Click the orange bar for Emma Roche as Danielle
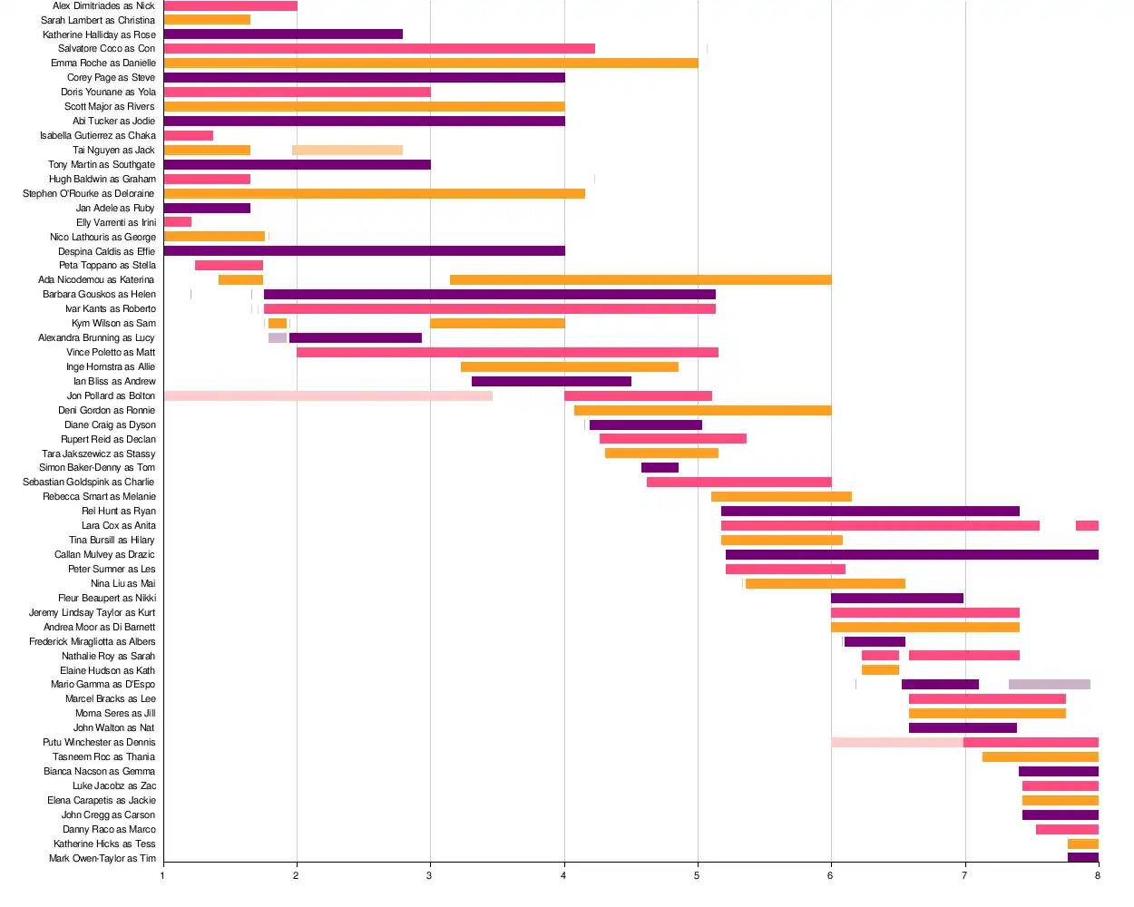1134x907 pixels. point(431,63)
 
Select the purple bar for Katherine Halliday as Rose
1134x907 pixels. point(283,34)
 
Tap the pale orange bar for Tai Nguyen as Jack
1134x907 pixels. point(347,151)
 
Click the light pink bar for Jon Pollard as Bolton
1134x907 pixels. point(328,396)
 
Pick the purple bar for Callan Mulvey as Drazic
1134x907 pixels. point(912,555)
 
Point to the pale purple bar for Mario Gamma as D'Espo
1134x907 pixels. point(1050,685)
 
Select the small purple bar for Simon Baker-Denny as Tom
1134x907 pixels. point(660,468)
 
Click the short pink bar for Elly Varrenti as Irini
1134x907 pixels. point(178,222)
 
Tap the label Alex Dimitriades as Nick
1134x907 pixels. point(103,5)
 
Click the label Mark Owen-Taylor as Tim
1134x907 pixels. point(102,858)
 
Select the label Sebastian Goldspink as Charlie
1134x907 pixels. point(88,483)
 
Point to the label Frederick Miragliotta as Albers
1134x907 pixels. point(92,641)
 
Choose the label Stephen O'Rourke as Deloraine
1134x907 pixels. point(88,193)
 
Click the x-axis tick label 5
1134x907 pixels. point(697,875)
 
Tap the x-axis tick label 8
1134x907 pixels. point(1098,875)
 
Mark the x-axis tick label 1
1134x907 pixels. point(163,875)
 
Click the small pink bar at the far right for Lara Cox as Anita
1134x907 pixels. point(1087,526)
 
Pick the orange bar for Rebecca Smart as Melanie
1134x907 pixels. point(781,497)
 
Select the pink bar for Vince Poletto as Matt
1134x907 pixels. point(507,353)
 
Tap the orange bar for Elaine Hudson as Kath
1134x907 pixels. point(880,670)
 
